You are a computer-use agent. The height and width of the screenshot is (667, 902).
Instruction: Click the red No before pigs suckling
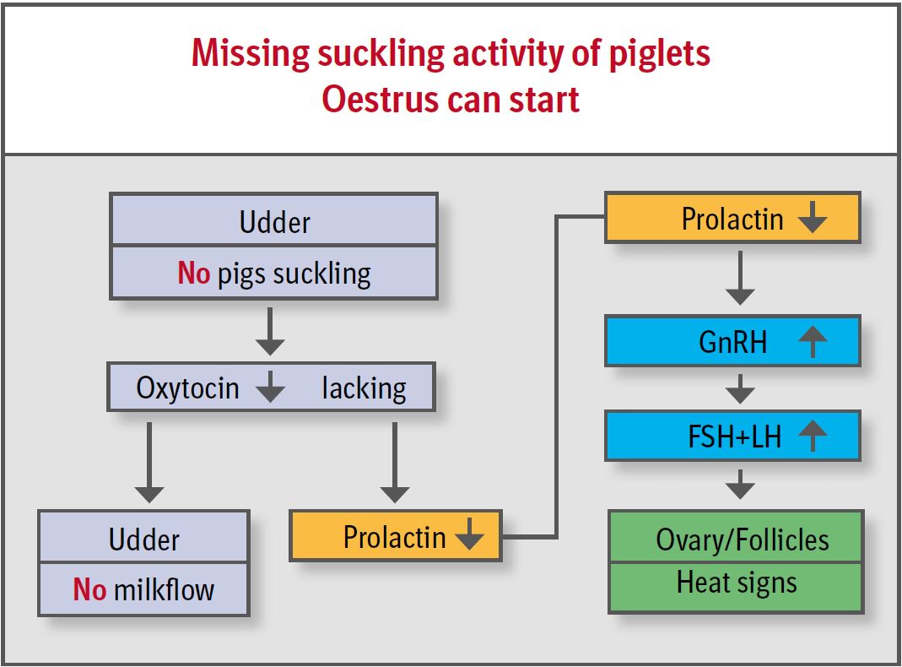coord(193,274)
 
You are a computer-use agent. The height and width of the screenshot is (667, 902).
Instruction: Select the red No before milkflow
coord(89,588)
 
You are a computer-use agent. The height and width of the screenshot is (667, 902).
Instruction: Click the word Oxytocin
coord(187,388)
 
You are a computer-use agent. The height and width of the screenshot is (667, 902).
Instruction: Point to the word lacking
coord(364,388)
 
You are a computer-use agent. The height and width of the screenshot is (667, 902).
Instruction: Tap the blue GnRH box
coord(732,341)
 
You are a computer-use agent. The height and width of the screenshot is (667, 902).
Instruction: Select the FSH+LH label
coord(734,437)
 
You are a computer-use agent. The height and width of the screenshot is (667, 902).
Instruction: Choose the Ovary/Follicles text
coord(743,540)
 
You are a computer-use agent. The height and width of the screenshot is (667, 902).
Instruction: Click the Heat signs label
coord(737,583)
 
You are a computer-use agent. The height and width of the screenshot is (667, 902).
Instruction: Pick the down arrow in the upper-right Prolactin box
coord(812,220)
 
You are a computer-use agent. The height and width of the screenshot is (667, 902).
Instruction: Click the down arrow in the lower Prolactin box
coord(468,536)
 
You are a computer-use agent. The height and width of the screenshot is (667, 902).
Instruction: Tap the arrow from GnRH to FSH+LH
coord(740,388)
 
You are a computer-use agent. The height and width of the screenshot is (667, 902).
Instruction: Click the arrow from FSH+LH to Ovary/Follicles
coord(740,484)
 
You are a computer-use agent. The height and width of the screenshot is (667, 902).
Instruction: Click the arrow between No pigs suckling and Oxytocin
coord(270,331)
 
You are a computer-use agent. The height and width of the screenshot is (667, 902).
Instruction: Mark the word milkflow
coord(164,588)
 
